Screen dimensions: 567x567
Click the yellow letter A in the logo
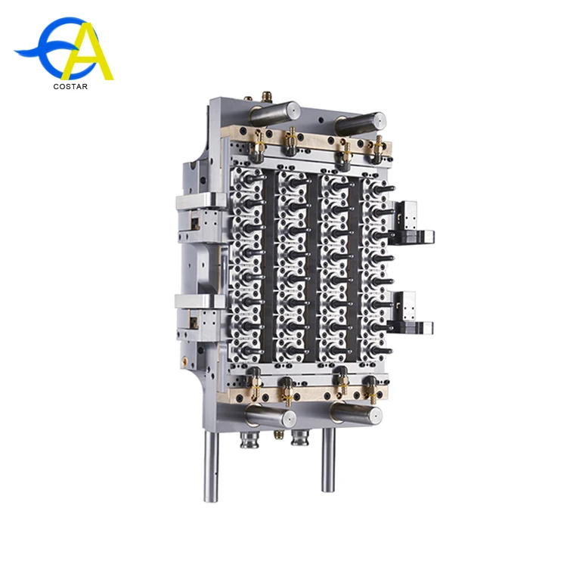88,54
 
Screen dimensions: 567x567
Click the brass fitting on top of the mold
266,98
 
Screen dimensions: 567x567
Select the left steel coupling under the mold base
249,438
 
